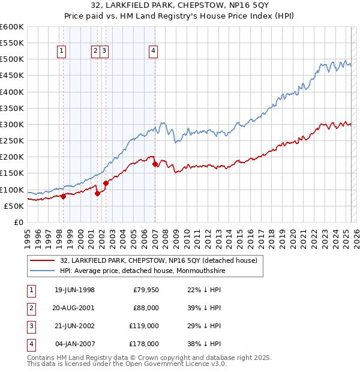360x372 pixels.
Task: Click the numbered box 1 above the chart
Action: pyautogui.click(x=62, y=52)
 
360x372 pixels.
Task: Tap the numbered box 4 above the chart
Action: pyautogui.click(x=154, y=52)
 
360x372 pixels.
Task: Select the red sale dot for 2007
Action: pyautogui.click(x=155, y=164)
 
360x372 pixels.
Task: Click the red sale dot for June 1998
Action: pyautogui.click(x=63, y=196)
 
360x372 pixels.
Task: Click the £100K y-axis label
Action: pyautogui.click(x=12, y=190)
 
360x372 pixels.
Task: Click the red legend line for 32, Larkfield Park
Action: pyautogui.click(x=42, y=260)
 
